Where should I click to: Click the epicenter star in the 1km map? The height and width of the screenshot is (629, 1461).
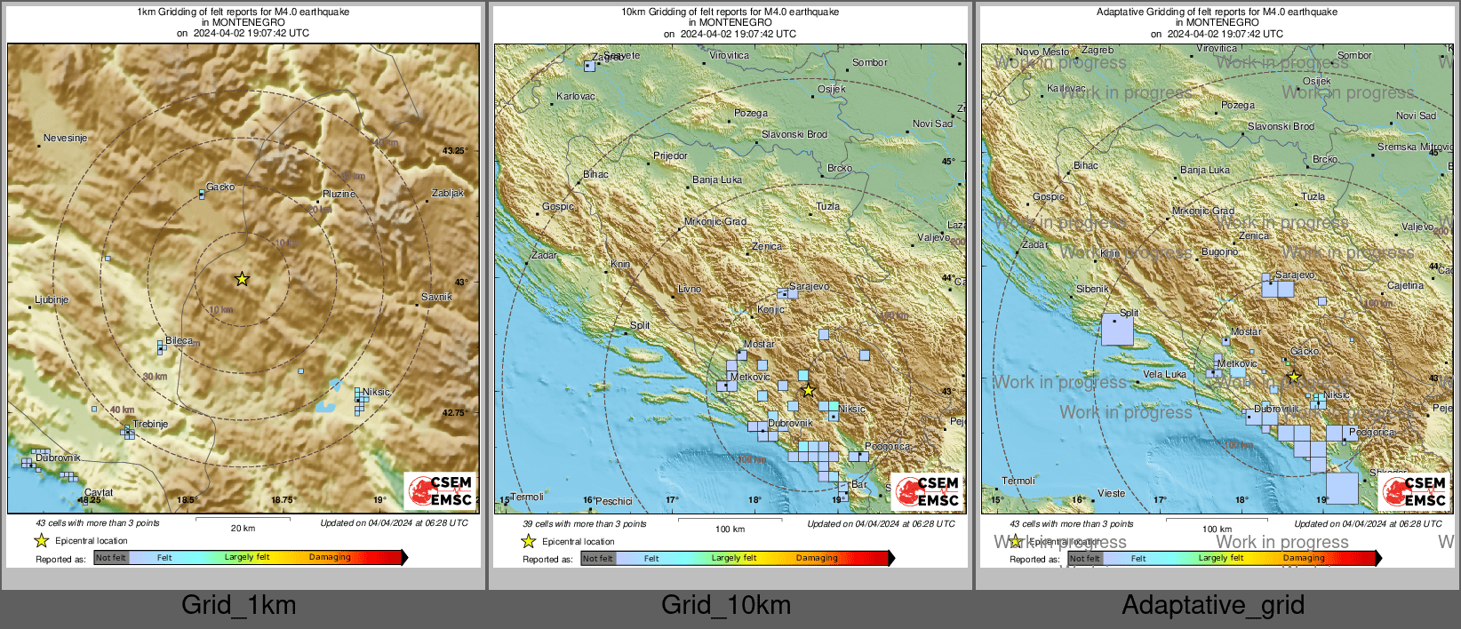(x=242, y=279)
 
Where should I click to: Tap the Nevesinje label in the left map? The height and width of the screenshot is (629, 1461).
(x=66, y=139)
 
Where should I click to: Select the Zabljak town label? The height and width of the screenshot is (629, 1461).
(x=448, y=193)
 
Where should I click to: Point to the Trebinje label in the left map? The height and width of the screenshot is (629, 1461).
(x=150, y=424)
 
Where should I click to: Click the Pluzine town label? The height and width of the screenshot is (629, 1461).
(x=339, y=194)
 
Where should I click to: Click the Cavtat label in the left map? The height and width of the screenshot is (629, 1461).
(x=99, y=492)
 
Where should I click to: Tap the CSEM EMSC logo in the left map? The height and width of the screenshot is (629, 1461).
(x=441, y=490)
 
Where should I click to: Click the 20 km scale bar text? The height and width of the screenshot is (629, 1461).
(x=243, y=528)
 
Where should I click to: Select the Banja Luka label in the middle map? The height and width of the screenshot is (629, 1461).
(x=716, y=179)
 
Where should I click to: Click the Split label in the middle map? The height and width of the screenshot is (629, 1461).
(x=640, y=325)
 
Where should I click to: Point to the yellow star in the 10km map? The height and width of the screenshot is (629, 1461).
(x=808, y=390)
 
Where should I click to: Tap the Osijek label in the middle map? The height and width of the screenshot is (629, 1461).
(x=832, y=89)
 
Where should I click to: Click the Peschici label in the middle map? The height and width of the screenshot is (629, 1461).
(x=613, y=501)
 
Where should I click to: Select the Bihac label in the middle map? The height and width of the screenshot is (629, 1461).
(x=595, y=174)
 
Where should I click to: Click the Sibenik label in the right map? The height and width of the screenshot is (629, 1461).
(x=1092, y=289)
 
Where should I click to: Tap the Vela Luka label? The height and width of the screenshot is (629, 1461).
(x=1164, y=374)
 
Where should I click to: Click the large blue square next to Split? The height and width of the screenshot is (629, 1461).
(x=1117, y=330)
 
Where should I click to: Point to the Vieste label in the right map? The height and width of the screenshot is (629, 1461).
(x=1111, y=493)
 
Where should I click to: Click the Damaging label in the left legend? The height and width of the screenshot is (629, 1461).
(x=330, y=557)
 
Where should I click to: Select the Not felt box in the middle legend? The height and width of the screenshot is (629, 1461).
(x=598, y=558)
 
